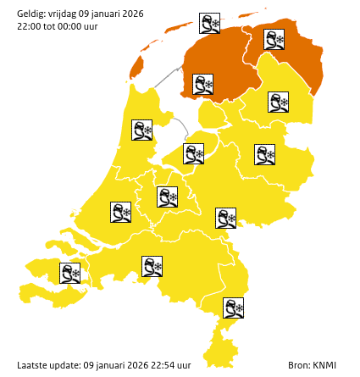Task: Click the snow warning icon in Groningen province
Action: (274, 39)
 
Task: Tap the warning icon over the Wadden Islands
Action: (209, 23)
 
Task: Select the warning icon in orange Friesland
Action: (202, 84)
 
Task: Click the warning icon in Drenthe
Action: (278, 103)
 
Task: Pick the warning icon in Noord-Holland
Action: (141, 130)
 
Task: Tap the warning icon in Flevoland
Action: (194, 153)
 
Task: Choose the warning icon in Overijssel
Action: (265, 154)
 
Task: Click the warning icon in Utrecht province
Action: (167, 197)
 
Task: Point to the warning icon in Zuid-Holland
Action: (120, 212)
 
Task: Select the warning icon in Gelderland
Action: (225, 218)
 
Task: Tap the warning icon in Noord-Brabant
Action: (152, 267)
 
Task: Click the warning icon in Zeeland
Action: (69, 273)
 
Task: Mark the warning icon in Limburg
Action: (233, 308)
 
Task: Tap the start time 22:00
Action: (29, 25)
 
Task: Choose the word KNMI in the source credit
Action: (324, 365)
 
